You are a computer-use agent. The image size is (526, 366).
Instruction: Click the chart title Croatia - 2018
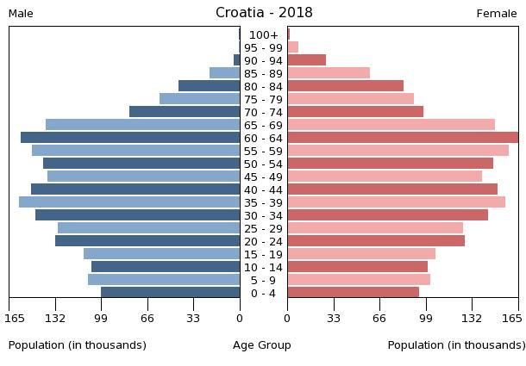[264, 13]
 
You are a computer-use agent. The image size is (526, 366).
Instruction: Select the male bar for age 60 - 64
[130, 138]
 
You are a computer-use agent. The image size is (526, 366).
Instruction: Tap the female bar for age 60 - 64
[403, 138]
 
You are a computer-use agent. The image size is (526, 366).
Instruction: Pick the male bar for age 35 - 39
[129, 202]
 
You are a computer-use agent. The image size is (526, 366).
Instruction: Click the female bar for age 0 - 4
[353, 293]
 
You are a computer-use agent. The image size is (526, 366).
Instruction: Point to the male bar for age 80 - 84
[209, 86]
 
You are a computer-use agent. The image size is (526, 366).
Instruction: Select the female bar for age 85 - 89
[329, 73]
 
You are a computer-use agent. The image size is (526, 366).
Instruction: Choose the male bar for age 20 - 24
[147, 241]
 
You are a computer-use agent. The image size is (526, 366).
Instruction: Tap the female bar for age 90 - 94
[306, 60]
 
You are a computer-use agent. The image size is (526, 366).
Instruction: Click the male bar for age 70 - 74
[185, 112]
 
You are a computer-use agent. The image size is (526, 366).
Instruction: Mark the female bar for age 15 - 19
[361, 254]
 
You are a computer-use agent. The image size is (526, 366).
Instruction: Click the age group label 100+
[264, 35]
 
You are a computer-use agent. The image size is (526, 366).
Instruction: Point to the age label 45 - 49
[264, 177]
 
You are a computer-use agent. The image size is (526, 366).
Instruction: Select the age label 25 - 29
[264, 229]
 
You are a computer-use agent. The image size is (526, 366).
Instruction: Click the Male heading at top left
[21, 14]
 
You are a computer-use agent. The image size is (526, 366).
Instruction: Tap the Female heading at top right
[497, 14]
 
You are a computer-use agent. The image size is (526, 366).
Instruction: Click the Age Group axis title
[262, 345]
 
